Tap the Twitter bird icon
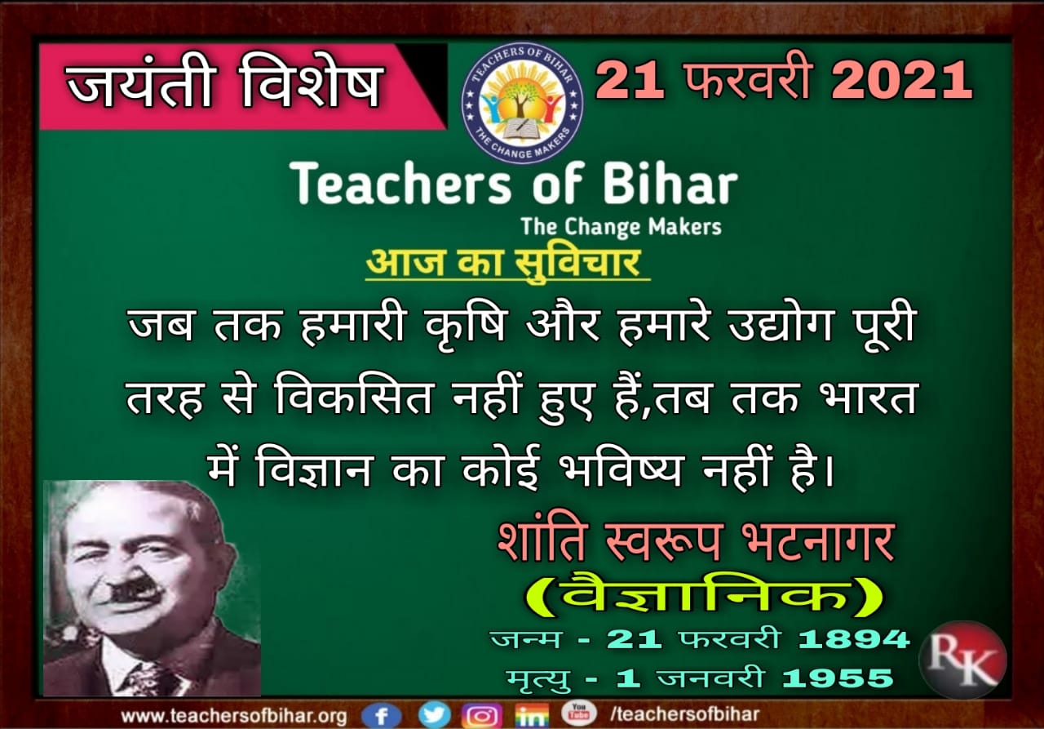point(435,715)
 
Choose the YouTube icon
point(578,713)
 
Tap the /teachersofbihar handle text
point(684,714)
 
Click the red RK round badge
point(962,660)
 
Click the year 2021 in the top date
point(901,81)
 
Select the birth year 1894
point(854,638)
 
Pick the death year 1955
point(838,678)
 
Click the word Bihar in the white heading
point(670,184)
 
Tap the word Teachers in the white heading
point(400,184)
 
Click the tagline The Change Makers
point(621,227)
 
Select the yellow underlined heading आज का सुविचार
point(507,264)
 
